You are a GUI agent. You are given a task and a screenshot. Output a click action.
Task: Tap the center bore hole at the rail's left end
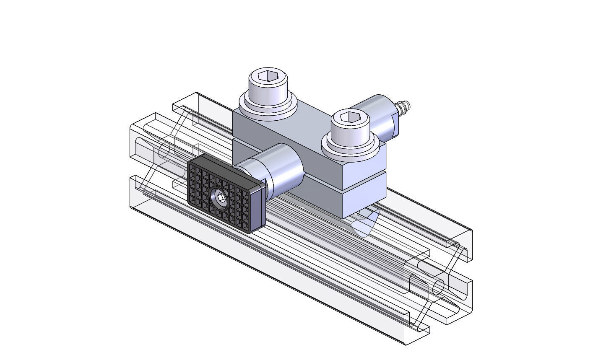(164, 149)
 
